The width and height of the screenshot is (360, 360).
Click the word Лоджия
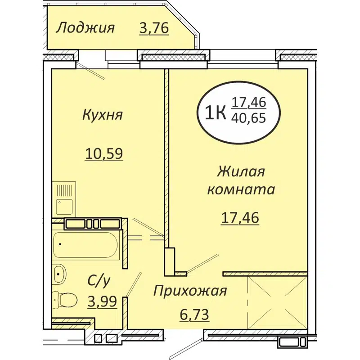[x=85, y=28]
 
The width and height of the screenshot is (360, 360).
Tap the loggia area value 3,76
[x=154, y=28]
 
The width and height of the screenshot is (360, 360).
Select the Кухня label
[x=103, y=115]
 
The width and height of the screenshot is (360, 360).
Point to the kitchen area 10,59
[x=104, y=154]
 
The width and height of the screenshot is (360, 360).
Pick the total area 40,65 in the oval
[x=249, y=119]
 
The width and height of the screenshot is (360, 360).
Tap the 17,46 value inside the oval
[x=249, y=103]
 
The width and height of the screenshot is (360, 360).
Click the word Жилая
[x=241, y=172]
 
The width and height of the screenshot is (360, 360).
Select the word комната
[x=241, y=189]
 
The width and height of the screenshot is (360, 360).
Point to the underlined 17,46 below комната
[x=241, y=218]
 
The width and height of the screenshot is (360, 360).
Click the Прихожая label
[x=189, y=291]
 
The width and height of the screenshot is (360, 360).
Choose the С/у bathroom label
[x=99, y=282]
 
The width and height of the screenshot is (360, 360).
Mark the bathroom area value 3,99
[x=103, y=301]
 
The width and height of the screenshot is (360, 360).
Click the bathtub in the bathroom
[x=85, y=246]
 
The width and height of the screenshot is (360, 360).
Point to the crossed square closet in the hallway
[x=277, y=300]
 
